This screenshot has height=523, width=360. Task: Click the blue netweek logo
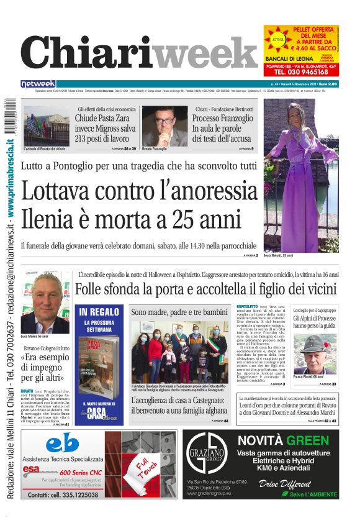38,84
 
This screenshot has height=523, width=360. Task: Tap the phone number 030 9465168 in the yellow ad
301,71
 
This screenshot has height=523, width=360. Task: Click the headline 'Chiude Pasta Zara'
103,119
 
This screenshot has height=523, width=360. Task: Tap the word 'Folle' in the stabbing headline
91,289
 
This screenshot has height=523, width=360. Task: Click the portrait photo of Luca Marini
45,302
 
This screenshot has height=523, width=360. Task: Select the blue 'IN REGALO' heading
99,312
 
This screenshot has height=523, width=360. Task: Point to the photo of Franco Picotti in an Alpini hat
314,352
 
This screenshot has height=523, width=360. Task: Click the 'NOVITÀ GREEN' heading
283,441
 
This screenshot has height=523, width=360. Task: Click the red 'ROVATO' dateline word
27,391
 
